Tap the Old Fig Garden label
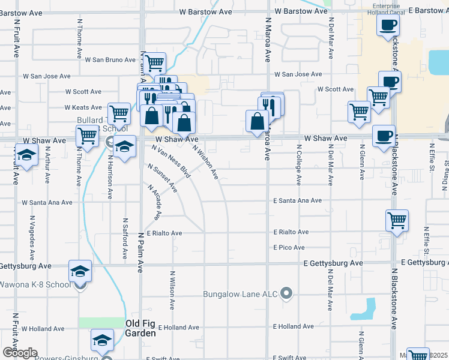[x=148, y=323]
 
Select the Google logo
[x=19, y=352]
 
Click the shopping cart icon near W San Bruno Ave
[x=155, y=62]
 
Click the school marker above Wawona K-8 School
[x=80, y=271]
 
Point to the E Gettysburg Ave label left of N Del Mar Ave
[x=333, y=263]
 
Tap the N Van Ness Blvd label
[x=171, y=161]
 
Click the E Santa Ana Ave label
[x=298, y=201]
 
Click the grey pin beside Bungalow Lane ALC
[x=287, y=294]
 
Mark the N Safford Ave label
[x=126, y=238]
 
